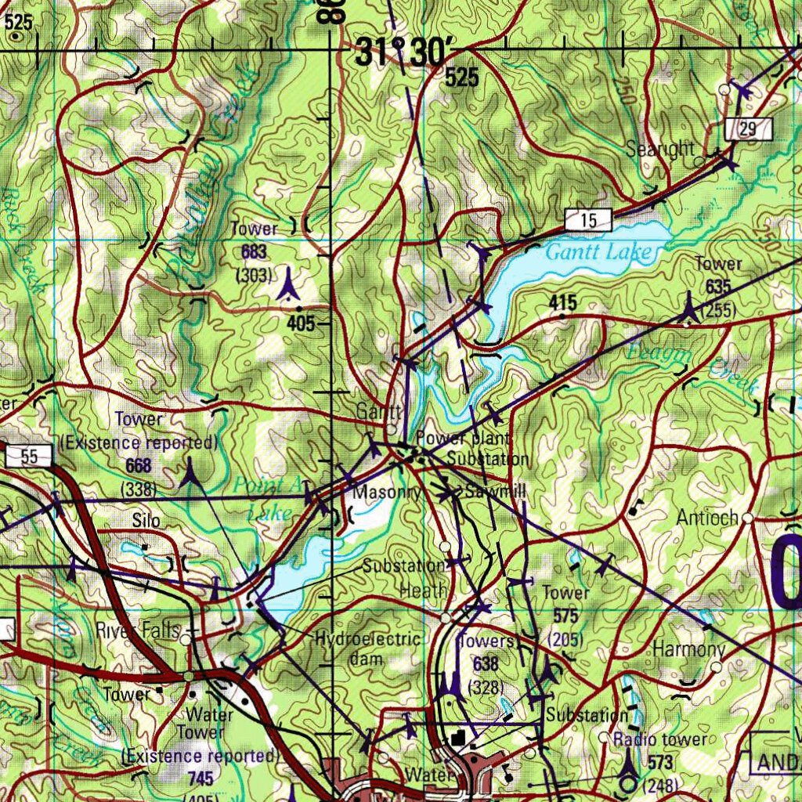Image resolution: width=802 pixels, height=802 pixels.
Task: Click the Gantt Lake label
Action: [x=598, y=252]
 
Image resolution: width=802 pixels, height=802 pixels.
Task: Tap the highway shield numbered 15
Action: [x=588, y=221]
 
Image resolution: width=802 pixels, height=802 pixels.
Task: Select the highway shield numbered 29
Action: [x=748, y=129]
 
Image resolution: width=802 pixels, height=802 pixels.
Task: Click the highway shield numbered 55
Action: [x=30, y=457]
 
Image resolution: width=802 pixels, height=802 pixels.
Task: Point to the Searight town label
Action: [x=660, y=149]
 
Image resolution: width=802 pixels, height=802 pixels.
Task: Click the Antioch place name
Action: [x=707, y=518]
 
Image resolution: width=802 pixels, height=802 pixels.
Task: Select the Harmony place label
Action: [x=688, y=649]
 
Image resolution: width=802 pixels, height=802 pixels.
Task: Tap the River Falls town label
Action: [x=137, y=630]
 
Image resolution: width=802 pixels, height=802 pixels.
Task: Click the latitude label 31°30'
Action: [x=403, y=53]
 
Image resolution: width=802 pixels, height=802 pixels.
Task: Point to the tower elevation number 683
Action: [x=255, y=251]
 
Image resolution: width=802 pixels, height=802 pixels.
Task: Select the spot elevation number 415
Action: [x=563, y=302]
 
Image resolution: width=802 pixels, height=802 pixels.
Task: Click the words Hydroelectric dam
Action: [x=368, y=648]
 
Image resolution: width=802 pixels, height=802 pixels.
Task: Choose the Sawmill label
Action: [x=495, y=492]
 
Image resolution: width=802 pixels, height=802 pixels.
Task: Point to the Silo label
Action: [x=146, y=520]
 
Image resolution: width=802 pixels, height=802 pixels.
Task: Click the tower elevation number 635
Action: [x=718, y=287]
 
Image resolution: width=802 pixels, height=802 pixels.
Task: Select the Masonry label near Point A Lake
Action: [x=387, y=493]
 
